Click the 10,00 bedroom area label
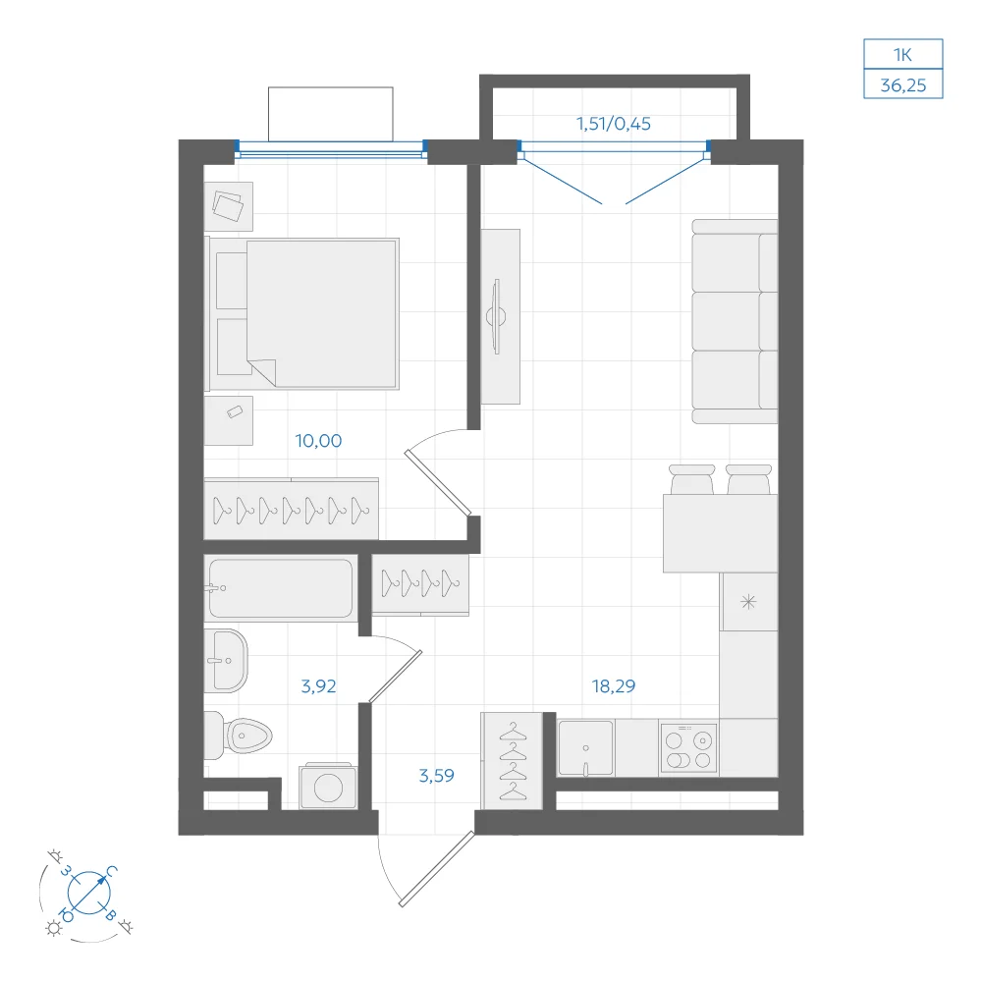tap(318, 441)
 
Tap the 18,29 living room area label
tap(614, 686)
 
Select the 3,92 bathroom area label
tap(318, 686)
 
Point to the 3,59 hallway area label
tap(437, 776)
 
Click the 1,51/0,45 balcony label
tap(614, 124)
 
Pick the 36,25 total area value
tap(903, 85)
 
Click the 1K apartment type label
tap(903, 55)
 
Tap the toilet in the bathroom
tap(238, 736)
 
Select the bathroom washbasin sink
tap(226, 661)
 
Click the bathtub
tap(281, 588)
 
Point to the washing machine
tap(328, 787)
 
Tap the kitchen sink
tap(585, 748)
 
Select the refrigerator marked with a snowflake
tap(749, 602)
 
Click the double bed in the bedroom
tap(303, 314)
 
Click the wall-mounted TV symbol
tap(497, 316)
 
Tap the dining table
tap(720, 533)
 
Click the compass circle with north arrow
tap(89, 892)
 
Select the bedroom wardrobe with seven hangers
tap(292, 509)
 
